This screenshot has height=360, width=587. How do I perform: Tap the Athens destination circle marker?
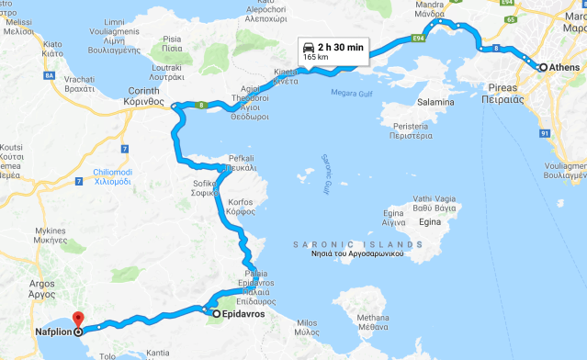(x=543, y=67)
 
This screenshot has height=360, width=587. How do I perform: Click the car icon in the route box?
(x=309, y=48)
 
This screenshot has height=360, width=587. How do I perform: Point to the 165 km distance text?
(x=316, y=58)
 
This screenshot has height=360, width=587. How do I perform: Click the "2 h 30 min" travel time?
(x=340, y=48)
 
